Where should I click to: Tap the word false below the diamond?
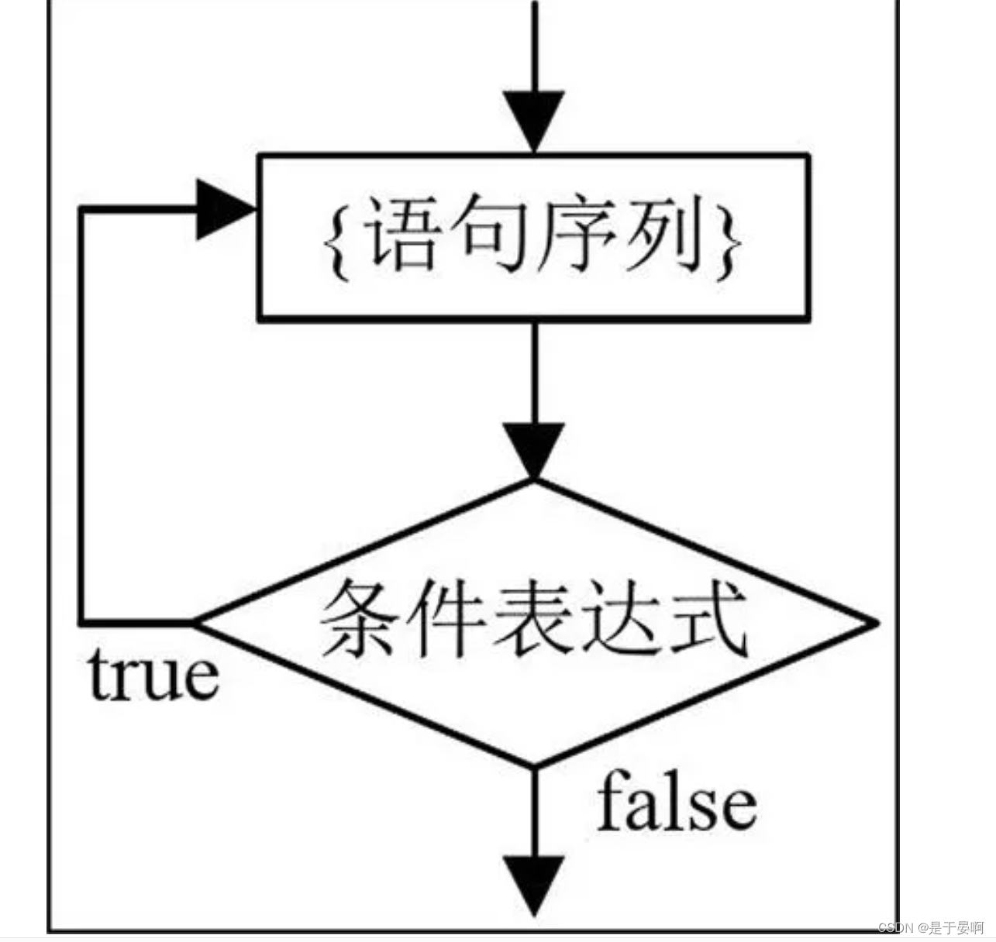[676, 801]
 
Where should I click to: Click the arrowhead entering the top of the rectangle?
[533, 121]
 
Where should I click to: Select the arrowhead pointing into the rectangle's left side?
[225, 210]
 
